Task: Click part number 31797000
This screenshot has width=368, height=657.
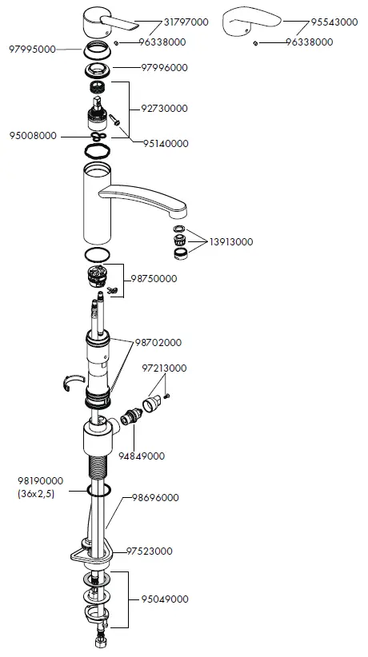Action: pyautogui.click(x=186, y=22)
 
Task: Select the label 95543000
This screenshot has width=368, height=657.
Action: pyautogui.click(x=334, y=22)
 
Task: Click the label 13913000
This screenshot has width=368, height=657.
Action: pyautogui.click(x=231, y=241)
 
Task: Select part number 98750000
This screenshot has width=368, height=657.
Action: pyautogui.click(x=153, y=279)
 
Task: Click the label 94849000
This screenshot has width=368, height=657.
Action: pyautogui.click(x=142, y=456)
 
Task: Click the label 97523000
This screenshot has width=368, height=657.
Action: pyautogui.click(x=150, y=551)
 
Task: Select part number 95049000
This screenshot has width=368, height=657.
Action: pyautogui.click(x=166, y=599)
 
